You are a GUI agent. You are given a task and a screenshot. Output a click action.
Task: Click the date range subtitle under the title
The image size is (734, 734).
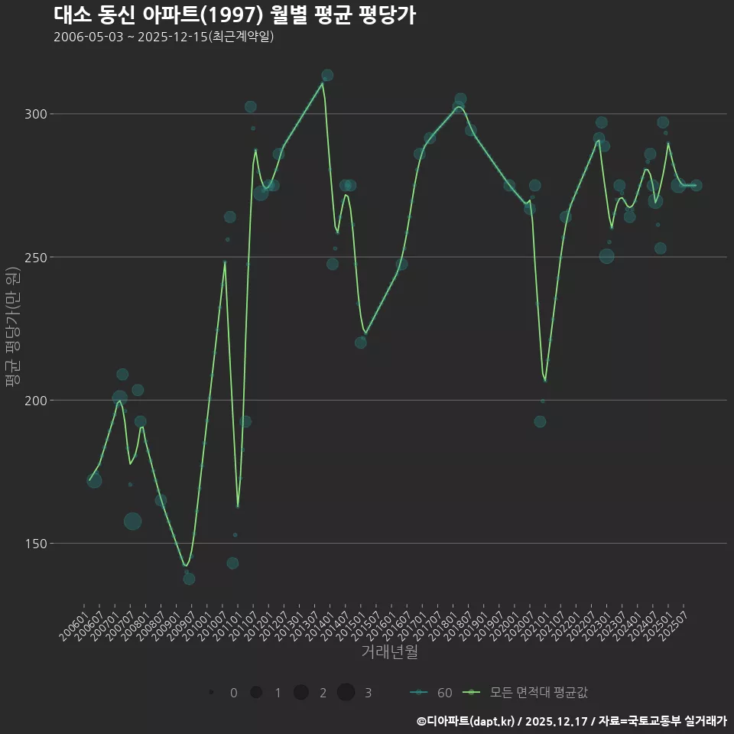(x=164, y=37)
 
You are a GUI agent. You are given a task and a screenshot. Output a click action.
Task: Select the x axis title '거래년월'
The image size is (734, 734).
(x=389, y=652)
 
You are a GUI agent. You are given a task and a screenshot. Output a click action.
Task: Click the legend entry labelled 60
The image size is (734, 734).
(x=431, y=693)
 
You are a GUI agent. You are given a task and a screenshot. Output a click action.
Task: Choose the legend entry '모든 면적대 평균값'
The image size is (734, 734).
(x=528, y=693)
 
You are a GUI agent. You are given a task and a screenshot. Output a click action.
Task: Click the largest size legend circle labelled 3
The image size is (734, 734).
(x=346, y=693)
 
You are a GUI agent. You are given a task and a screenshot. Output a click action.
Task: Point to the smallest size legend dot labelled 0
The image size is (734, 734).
(x=210, y=693)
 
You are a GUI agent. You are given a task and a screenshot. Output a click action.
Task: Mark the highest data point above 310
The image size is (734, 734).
(x=327, y=75)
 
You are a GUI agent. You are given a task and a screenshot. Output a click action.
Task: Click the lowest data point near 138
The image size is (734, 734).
(x=189, y=579)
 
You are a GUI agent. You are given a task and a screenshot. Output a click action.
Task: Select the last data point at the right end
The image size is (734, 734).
(x=696, y=185)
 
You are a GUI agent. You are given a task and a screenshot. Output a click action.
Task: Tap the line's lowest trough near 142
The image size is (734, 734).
(x=185, y=566)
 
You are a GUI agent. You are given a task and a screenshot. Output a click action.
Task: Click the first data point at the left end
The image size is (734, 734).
(x=94, y=480)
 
